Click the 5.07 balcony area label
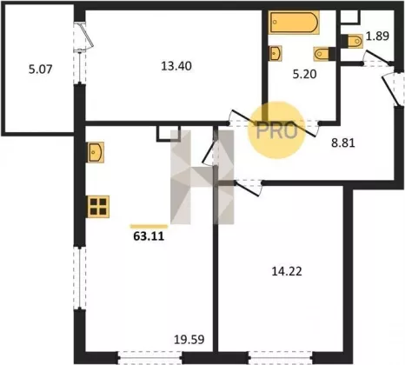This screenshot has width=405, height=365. (x=41, y=70)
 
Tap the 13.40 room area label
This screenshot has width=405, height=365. (x=176, y=66)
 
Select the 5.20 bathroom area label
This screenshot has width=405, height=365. (x=304, y=74)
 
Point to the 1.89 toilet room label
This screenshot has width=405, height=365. (x=377, y=36)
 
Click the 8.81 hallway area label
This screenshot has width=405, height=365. (x=343, y=143)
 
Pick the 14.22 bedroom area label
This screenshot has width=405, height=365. (x=287, y=271)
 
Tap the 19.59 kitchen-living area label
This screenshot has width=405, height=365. (x=189, y=339)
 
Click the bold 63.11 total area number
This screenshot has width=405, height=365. (x=149, y=236)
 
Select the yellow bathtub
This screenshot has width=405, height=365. (x=294, y=23)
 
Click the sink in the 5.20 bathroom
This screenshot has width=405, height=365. (x=276, y=53)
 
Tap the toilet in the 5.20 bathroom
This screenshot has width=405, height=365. (x=324, y=54)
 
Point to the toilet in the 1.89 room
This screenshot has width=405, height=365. (x=351, y=41)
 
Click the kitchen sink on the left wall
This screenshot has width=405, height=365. (x=96, y=152)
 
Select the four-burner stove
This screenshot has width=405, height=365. (x=98, y=207)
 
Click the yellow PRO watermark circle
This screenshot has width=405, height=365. (x=276, y=130)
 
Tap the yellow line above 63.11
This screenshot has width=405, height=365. (x=149, y=226)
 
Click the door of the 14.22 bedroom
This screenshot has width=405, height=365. (x=247, y=189)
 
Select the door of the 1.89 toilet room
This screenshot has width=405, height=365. (x=378, y=57)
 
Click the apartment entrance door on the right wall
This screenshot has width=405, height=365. (x=391, y=89)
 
